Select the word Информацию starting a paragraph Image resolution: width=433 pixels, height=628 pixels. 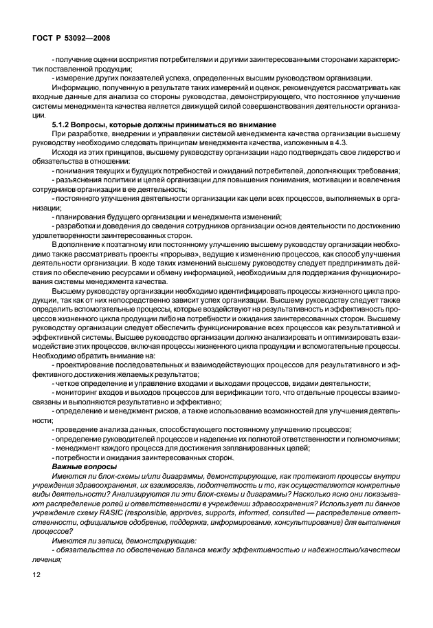(75, 87)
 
